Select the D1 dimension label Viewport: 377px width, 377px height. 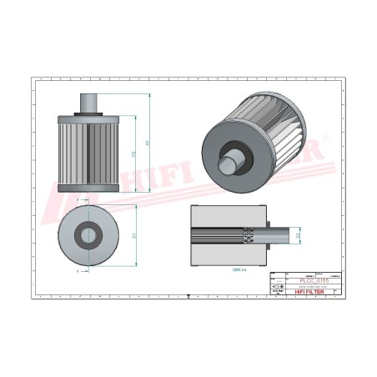click(134, 235)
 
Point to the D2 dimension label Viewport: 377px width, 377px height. click(298, 237)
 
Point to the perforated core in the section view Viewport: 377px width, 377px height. click(248, 236)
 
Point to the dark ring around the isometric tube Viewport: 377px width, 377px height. click(237, 156)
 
